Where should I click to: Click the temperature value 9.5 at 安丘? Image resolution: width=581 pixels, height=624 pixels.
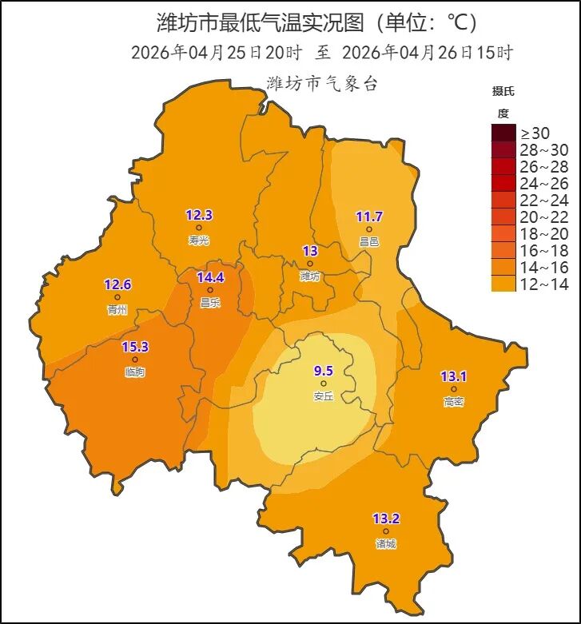(324, 371)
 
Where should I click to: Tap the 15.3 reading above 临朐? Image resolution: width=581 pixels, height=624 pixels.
(134, 347)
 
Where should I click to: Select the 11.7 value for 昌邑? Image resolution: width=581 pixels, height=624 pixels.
(369, 217)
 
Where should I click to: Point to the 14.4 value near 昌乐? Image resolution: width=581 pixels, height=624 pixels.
(210, 278)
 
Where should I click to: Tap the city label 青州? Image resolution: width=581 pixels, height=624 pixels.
(117, 310)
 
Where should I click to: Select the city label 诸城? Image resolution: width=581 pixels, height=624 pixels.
(386, 544)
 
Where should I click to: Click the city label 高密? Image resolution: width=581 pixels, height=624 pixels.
(453, 402)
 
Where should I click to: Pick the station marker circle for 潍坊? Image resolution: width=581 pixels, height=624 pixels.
(310, 264)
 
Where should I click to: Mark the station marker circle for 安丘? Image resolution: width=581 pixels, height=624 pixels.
(324, 384)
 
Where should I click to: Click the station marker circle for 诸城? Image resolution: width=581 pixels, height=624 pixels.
(386, 531)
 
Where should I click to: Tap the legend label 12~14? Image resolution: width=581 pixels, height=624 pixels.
(544, 284)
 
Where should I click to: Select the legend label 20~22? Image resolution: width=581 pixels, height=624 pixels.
(544, 217)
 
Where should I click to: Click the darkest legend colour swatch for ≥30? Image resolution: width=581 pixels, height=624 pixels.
(503, 133)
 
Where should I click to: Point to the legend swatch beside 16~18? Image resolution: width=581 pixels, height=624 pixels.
(503, 250)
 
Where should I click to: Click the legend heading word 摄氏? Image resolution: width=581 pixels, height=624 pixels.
(503, 90)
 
